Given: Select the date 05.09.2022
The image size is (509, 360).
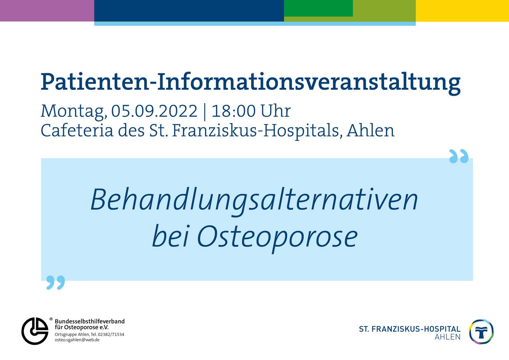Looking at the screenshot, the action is coord(154,111).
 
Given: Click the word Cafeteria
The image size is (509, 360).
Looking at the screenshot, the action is coord(77,130).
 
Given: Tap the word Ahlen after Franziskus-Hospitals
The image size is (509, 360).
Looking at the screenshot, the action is coord(371,130).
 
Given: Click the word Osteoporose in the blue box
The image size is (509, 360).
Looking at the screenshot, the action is coord(277,238).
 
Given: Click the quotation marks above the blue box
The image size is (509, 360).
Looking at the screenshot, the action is coord(459,156).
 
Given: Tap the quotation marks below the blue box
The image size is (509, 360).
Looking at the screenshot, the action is coord(56,283).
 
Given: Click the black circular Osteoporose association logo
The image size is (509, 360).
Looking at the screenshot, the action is coord(35,331).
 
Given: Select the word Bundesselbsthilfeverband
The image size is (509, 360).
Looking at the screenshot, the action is coord(90,321).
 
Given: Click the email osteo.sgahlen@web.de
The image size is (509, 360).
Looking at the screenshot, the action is coord(77,340).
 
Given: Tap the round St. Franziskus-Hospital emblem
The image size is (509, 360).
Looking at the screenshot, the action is coord(482,332).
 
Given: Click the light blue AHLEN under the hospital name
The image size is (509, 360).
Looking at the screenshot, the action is coord(448,337).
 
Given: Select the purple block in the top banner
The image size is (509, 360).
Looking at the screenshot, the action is coord(47,11).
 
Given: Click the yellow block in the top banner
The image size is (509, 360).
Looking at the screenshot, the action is coord(463,11).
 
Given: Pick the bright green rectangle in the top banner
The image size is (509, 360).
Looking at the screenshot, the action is coord(318,8).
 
